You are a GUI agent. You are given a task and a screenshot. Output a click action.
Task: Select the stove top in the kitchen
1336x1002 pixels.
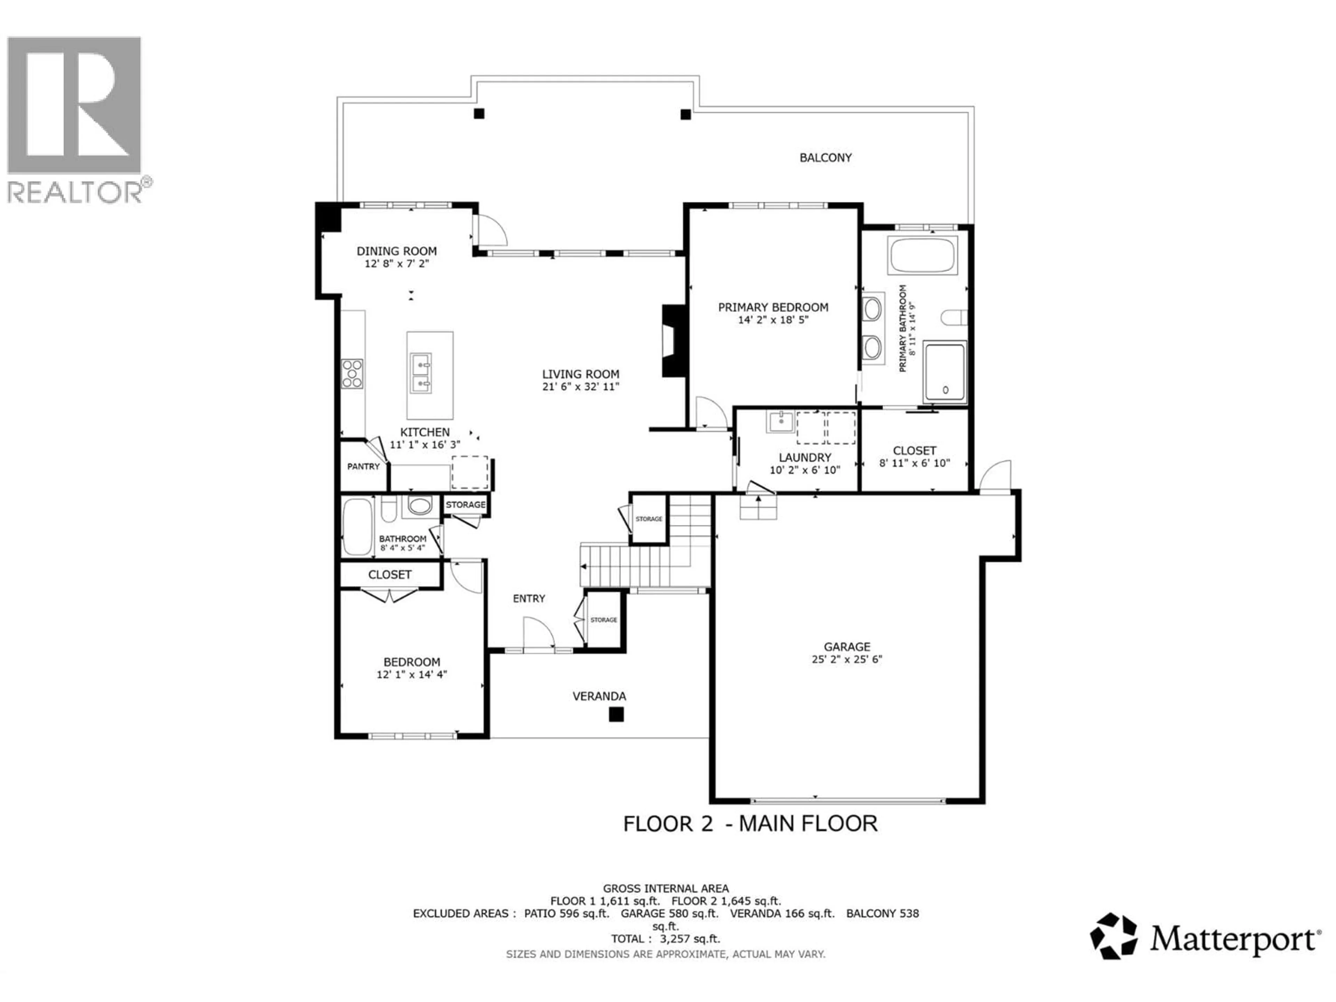pos(352,373)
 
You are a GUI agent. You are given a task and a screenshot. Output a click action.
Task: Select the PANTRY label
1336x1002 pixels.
pos(363,466)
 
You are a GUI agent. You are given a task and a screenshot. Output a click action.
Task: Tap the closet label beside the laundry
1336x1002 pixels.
pos(914,451)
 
